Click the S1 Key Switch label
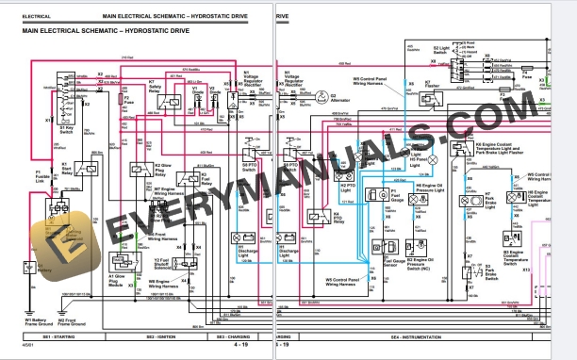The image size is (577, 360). pyautogui.click(x=67, y=130)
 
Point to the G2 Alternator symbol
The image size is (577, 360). pyautogui.click(x=320, y=97)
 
